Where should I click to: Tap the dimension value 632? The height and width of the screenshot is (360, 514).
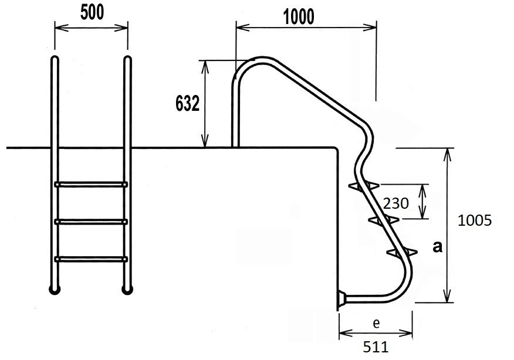point(188,104)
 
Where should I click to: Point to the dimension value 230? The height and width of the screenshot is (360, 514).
point(396,203)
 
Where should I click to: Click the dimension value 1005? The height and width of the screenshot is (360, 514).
point(474,220)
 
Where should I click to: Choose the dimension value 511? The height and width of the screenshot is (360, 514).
point(376,347)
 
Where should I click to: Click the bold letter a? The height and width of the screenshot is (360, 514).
point(437,247)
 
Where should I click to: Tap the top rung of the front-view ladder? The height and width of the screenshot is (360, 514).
point(91,184)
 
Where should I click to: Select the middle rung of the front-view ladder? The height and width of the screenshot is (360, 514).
point(91,222)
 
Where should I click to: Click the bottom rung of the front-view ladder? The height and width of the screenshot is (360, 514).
point(91,259)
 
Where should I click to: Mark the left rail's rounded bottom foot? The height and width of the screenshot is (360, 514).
point(55,288)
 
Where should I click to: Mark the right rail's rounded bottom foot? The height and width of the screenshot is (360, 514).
point(127,288)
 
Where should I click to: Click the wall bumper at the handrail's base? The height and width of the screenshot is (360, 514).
point(340,299)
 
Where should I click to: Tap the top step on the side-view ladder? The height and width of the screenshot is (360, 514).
point(363,186)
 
